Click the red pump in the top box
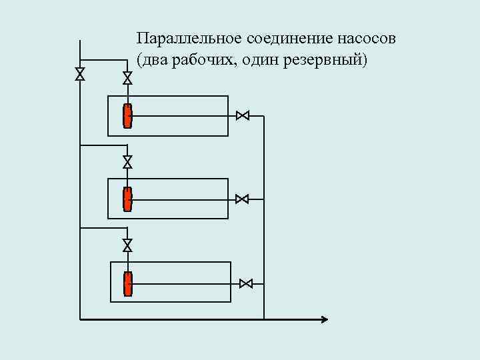(x=127, y=116)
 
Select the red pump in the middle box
(x=127, y=199)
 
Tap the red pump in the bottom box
(x=127, y=283)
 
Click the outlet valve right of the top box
(x=243, y=116)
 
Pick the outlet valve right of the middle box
(x=243, y=199)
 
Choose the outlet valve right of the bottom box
(x=245, y=283)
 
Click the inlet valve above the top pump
(x=127, y=78)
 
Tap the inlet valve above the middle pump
(x=127, y=161)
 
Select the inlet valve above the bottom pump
(x=127, y=245)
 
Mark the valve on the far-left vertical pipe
(x=80, y=74)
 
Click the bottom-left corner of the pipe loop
(x=80, y=319)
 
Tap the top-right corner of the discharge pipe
(x=264, y=116)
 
